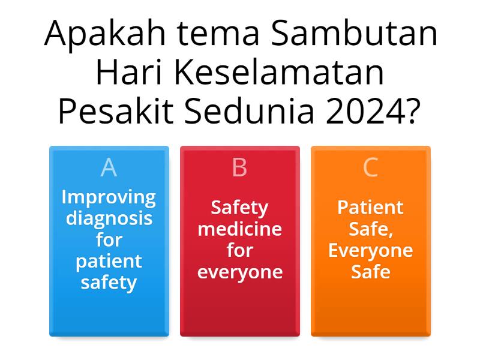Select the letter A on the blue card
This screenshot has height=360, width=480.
click(x=109, y=167)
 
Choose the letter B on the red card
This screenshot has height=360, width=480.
click(x=239, y=167)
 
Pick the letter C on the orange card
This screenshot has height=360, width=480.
click(x=370, y=167)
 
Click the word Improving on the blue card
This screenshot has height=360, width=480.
click(x=109, y=197)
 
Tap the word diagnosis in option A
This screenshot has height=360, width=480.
click(x=109, y=218)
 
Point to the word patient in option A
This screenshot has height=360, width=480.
click(x=109, y=261)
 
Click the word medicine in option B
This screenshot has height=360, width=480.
click(x=239, y=229)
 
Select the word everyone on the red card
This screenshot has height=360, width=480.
click(x=239, y=272)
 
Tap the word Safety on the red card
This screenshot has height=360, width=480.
click(x=239, y=208)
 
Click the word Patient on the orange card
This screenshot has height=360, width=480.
click(x=370, y=208)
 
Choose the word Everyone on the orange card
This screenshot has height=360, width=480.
click(x=370, y=250)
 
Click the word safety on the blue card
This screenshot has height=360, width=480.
click(x=109, y=282)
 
